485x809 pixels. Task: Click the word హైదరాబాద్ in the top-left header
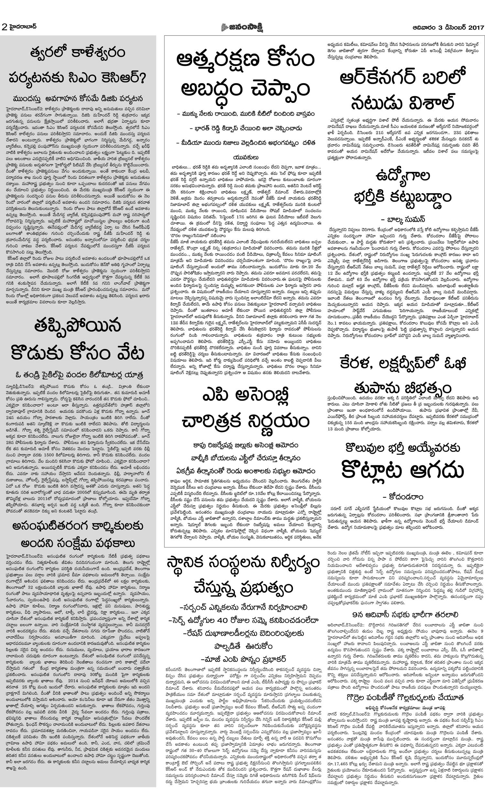pos(23,27)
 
